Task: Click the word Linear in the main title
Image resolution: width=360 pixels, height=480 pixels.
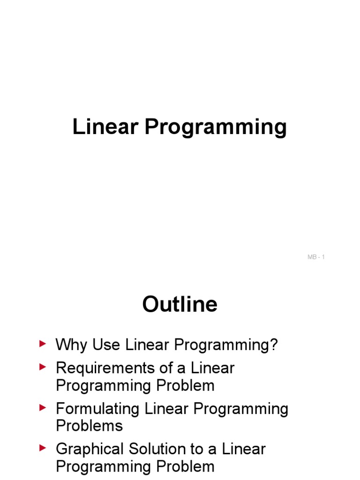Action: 105,127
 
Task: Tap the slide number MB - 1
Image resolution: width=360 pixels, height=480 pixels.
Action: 316,257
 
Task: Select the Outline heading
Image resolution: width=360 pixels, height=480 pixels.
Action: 180,305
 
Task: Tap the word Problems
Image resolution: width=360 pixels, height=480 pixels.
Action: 89,426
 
